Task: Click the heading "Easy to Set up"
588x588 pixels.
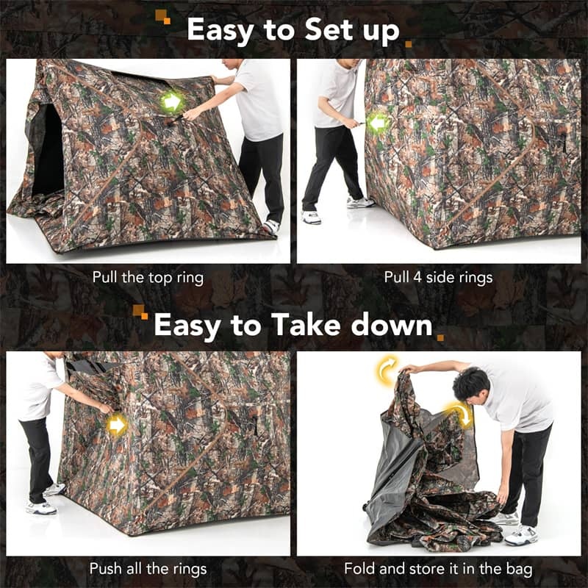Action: click(293, 30)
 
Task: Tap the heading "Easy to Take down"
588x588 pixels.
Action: click(293, 325)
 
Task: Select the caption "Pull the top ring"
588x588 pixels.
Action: click(148, 278)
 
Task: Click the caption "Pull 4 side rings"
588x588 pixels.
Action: click(438, 278)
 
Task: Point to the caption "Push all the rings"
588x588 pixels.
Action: click(148, 568)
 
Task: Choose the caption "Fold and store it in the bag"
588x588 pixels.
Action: click(439, 568)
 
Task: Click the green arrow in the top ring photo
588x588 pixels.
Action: click(171, 101)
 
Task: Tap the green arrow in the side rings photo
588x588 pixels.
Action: click(379, 123)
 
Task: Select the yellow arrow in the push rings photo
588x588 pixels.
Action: click(116, 424)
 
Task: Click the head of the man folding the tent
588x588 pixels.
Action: click(471, 383)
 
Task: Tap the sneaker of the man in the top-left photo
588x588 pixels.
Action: click(272, 226)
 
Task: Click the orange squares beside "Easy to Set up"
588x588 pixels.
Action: click(162, 16)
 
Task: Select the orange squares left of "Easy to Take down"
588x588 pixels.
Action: click(140, 312)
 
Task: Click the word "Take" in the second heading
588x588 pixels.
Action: click(306, 325)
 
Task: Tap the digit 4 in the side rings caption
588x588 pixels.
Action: click(415, 278)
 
